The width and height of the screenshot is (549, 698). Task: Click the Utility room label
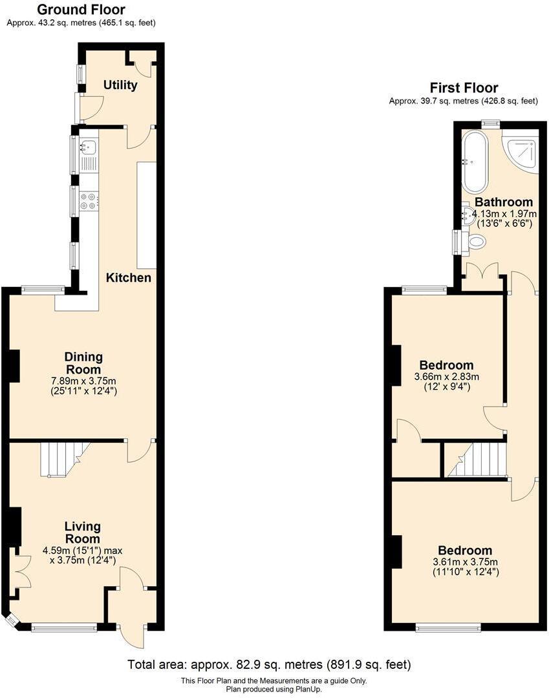pyautogui.click(x=120, y=85)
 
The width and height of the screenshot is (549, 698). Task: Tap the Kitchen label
pyautogui.click(x=129, y=278)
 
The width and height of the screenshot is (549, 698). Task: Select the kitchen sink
pyautogui.click(x=88, y=149)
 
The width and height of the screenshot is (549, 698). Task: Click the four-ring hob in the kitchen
pyautogui.click(x=89, y=201)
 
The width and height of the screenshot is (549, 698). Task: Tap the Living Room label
pyautogui.click(x=82, y=533)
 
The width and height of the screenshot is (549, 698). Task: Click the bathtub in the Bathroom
pyautogui.click(x=473, y=161)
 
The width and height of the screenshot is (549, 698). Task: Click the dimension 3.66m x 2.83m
pyautogui.click(x=446, y=377)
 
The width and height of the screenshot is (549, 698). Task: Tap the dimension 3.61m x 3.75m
pyautogui.click(x=464, y=562)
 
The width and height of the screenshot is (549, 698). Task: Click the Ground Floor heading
pyautogui.click(x=81, y=10)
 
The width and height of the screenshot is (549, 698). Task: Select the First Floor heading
pyautogui.click(x=464, y=88)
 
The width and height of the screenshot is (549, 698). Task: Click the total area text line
pyautogui.click(x=268, y=664)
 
